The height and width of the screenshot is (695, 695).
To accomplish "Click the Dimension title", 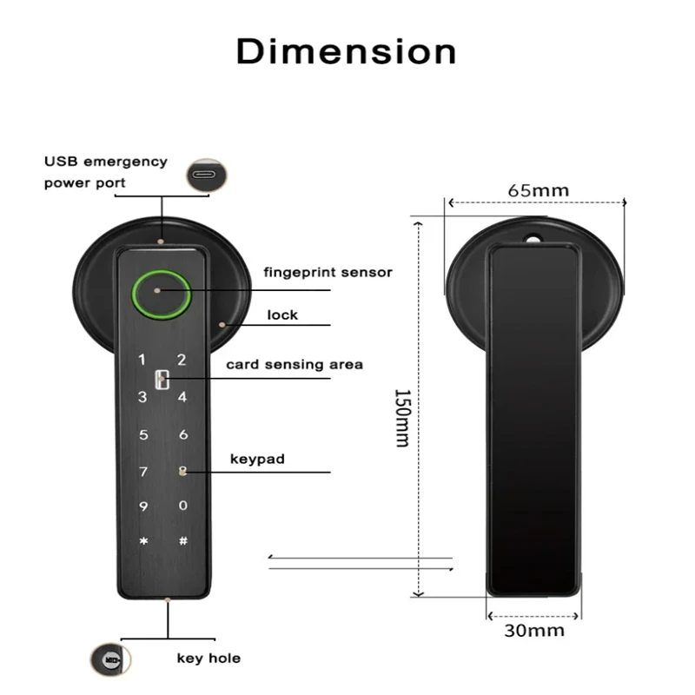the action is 346,51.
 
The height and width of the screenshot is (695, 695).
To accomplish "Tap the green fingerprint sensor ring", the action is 162,291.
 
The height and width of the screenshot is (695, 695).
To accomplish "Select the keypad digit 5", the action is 144,434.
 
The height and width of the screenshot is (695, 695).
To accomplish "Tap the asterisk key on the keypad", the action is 144,541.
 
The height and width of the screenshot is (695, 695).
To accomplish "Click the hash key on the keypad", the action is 182,541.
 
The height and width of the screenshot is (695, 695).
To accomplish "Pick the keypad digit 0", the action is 182,506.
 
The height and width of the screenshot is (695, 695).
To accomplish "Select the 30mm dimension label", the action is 534,631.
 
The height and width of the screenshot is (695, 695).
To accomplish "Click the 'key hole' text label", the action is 208,658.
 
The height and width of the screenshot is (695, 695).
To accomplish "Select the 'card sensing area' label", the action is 295,364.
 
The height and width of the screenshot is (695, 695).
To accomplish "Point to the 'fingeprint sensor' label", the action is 328,273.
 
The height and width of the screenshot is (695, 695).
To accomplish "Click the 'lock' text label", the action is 282,314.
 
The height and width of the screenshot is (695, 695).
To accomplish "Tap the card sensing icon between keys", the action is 162,380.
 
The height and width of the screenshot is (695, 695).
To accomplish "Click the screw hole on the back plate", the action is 532,235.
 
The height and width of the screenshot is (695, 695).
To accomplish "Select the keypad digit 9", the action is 144,506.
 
